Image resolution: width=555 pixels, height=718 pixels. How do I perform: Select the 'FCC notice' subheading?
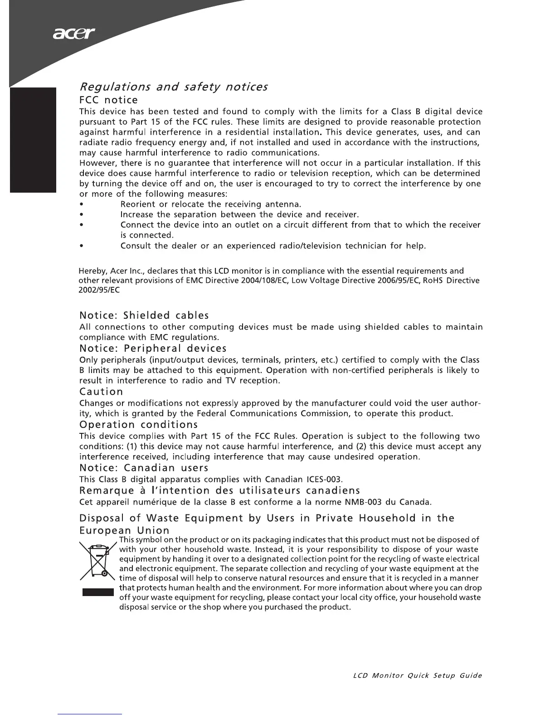coord(108,100)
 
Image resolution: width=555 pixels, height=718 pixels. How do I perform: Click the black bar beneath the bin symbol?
coord(97,592)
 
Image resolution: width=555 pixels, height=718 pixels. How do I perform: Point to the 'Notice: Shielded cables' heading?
coord(144,315)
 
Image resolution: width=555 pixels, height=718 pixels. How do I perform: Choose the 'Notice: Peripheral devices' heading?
coord(153,348)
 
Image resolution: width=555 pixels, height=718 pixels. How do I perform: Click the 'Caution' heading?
coord(101,391)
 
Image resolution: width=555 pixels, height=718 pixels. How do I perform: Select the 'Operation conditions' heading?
coord(138,425)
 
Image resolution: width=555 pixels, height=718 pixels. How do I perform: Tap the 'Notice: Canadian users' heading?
coord(144,467)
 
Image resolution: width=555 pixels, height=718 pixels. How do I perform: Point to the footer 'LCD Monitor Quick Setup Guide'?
coord(417,675)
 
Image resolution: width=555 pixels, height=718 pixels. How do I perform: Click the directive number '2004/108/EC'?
coord(265,280)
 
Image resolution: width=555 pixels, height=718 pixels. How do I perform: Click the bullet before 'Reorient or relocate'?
coord(81,204)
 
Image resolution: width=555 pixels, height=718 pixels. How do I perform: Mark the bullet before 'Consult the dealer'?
coord(81,246)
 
